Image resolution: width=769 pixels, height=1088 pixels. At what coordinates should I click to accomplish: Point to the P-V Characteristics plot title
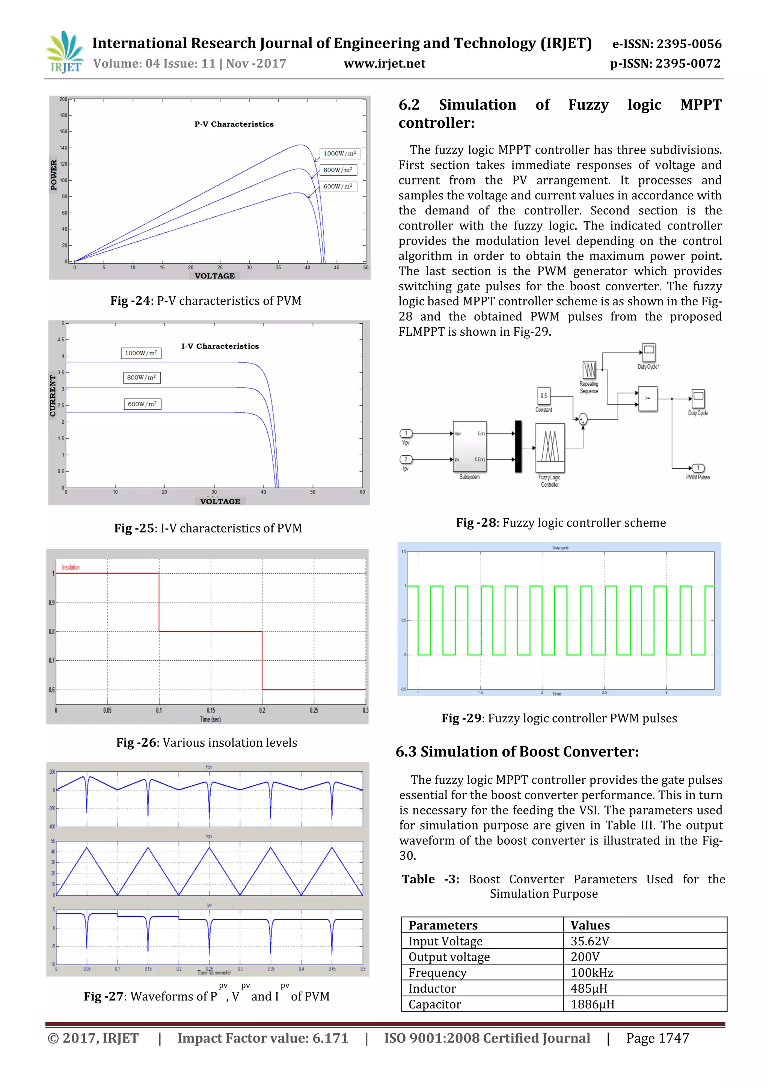pos(234,124)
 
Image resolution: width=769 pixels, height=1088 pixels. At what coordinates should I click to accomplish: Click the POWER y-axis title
pos(54,175)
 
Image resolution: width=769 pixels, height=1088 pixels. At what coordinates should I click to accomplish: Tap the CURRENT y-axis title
pos(53,396)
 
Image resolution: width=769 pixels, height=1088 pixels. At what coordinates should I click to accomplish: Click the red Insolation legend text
pos(71,567)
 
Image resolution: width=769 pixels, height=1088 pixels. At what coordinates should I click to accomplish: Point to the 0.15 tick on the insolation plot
pos(211,710)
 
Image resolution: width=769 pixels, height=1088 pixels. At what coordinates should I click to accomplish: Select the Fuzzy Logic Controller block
pos(550,448)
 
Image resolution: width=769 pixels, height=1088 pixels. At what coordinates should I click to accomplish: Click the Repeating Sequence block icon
pos(589,370)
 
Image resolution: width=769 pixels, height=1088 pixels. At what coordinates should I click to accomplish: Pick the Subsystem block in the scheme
pos(470,447)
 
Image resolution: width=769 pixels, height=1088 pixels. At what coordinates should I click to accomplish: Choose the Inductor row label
pos(432,988)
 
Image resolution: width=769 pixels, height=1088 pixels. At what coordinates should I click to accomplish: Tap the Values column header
pos(590,925)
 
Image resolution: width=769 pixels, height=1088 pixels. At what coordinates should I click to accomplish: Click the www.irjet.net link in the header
pos(384,63)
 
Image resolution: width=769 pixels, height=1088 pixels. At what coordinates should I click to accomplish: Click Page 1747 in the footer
pos(657,1038)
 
